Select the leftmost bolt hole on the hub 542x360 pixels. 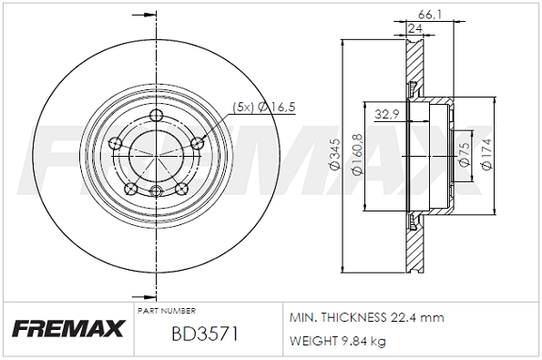tap(115, 143)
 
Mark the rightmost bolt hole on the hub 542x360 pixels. tap(198, 142)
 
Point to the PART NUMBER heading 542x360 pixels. tap(166, 310)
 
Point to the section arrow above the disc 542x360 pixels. tap(139, 15)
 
